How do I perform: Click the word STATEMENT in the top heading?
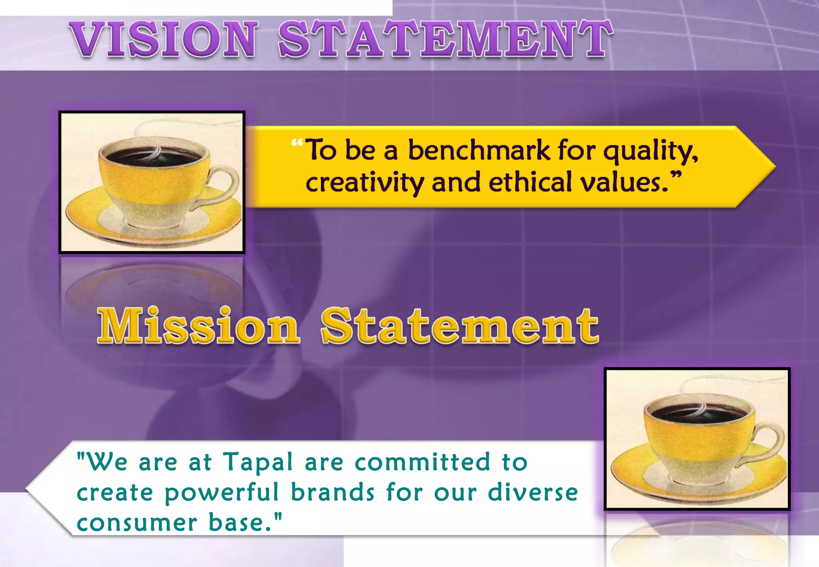point(445,39)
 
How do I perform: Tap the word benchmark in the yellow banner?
point(479,150)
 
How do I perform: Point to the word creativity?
point(364,183)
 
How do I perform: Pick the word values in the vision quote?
point(624,182)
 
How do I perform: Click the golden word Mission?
point(198,325)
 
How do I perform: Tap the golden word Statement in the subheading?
point(460,325)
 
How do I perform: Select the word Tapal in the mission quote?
point(258,462)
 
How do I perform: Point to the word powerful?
point(222,493)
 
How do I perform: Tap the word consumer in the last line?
point(137,523)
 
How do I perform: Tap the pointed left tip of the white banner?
point(27,488)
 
